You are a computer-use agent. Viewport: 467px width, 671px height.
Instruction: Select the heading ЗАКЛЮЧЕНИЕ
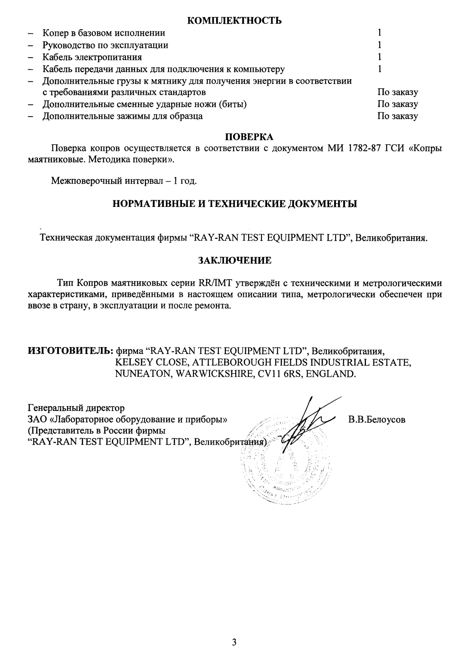[234, 260]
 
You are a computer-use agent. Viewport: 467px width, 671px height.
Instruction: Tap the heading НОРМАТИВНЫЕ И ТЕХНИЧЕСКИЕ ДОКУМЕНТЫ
[234, 203]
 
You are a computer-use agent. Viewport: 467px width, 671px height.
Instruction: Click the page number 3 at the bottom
[234, 643]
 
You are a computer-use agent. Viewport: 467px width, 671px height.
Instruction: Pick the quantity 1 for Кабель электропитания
[380, 57]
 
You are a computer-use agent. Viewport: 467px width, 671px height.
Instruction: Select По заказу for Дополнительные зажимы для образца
[397, 116]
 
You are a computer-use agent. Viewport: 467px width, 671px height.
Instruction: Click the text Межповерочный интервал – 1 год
[124, 181]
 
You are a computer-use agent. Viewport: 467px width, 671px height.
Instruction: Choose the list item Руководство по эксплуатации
[105, 45]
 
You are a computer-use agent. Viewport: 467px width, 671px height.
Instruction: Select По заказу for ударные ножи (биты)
[397, 104]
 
